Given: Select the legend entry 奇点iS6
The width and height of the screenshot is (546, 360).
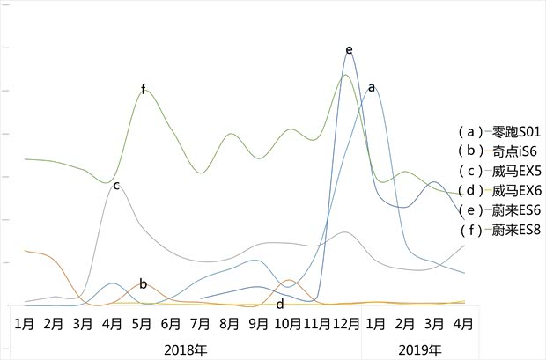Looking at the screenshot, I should click(x=498, y=151).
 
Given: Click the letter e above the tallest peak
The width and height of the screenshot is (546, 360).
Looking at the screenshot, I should click(x=350, y=49).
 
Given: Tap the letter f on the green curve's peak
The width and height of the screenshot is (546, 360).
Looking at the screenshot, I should click(x=144, y=89).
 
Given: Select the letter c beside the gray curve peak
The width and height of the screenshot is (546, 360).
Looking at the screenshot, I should click(x=116, y=186).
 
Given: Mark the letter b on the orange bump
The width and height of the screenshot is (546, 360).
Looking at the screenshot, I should click(x=144, y=284).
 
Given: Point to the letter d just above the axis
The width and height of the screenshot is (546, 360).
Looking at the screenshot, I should click(x=280, y=305).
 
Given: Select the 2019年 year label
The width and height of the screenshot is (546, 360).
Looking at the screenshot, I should click(x=419, y=349).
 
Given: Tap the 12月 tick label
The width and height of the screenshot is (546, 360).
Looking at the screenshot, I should click(x=346, y=323).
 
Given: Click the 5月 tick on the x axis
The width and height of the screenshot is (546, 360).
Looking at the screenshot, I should click(x=142, y=323).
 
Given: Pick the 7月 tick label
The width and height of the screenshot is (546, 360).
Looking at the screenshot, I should click(x=200, y=323).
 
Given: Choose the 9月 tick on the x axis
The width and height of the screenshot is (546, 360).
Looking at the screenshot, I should click(x=258, y=323).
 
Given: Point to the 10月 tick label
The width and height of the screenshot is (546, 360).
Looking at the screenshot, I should click(x=287, y=323).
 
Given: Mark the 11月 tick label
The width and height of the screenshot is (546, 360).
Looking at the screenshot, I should click(x=316, y=323).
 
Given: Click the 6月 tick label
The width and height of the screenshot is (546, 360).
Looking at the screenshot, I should click(x=171, y=323).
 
